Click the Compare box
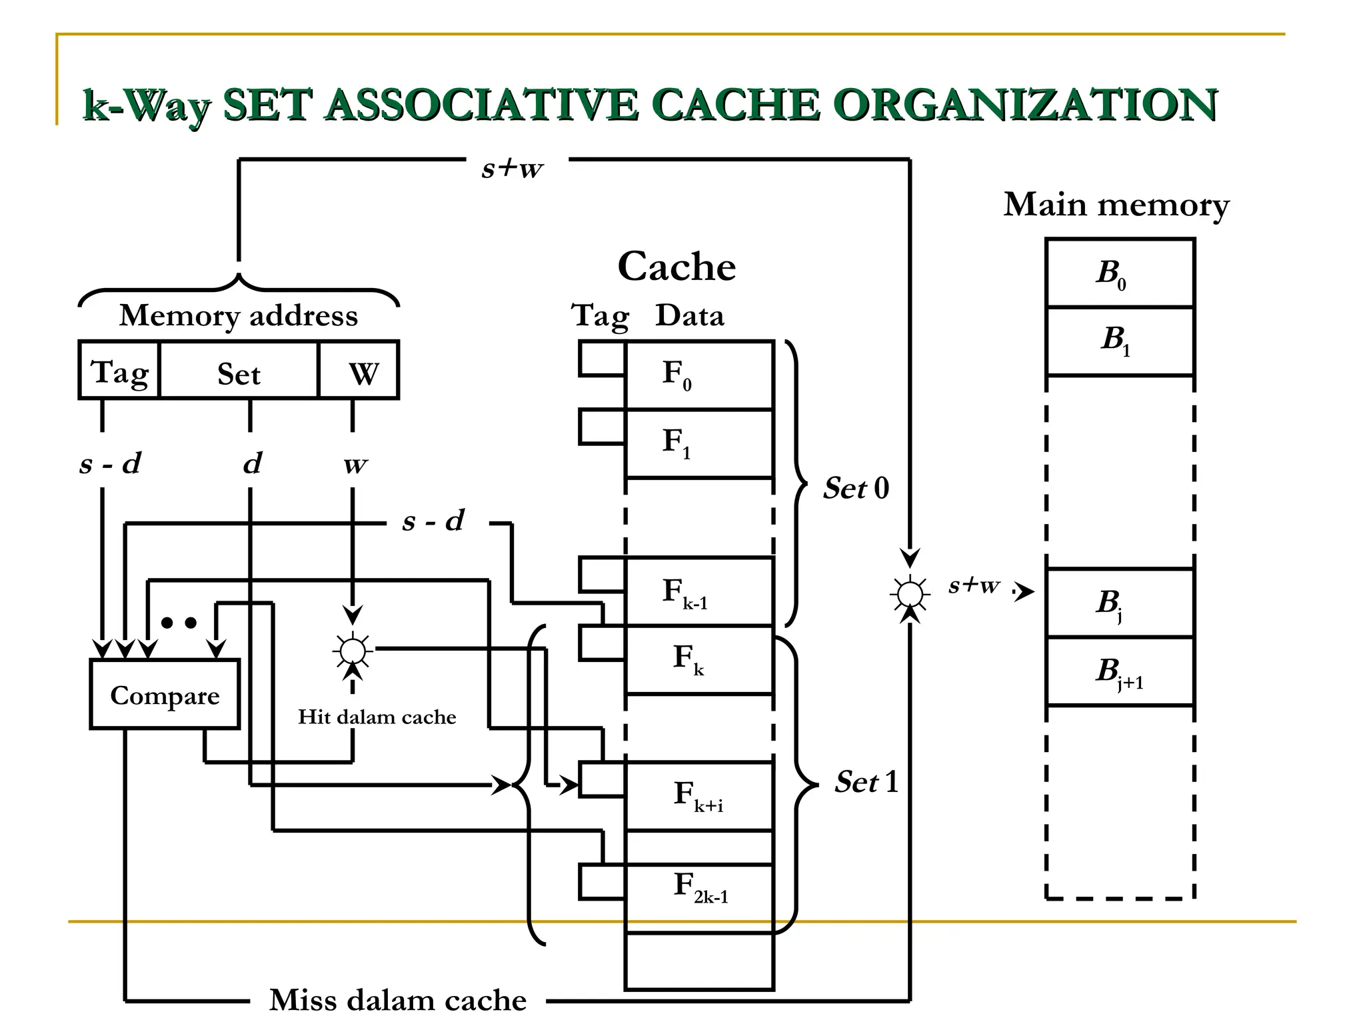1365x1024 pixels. pos(165,694)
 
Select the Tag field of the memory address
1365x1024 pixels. pos(120,371)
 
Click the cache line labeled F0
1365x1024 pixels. pos(698,375)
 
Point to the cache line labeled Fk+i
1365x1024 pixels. pos(698,795)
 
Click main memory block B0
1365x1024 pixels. pos(1120,273)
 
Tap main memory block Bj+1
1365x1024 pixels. pos(1120,671)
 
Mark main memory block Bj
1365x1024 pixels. pos(1120,603)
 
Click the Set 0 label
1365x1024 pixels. pos(856,488)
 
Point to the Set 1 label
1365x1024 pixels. pos(866,781)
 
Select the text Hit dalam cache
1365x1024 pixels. pos(377,717)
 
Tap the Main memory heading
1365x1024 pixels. pos(1116,205)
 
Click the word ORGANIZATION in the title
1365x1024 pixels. pos(1025,105)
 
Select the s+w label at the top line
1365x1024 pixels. pos(512,168)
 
